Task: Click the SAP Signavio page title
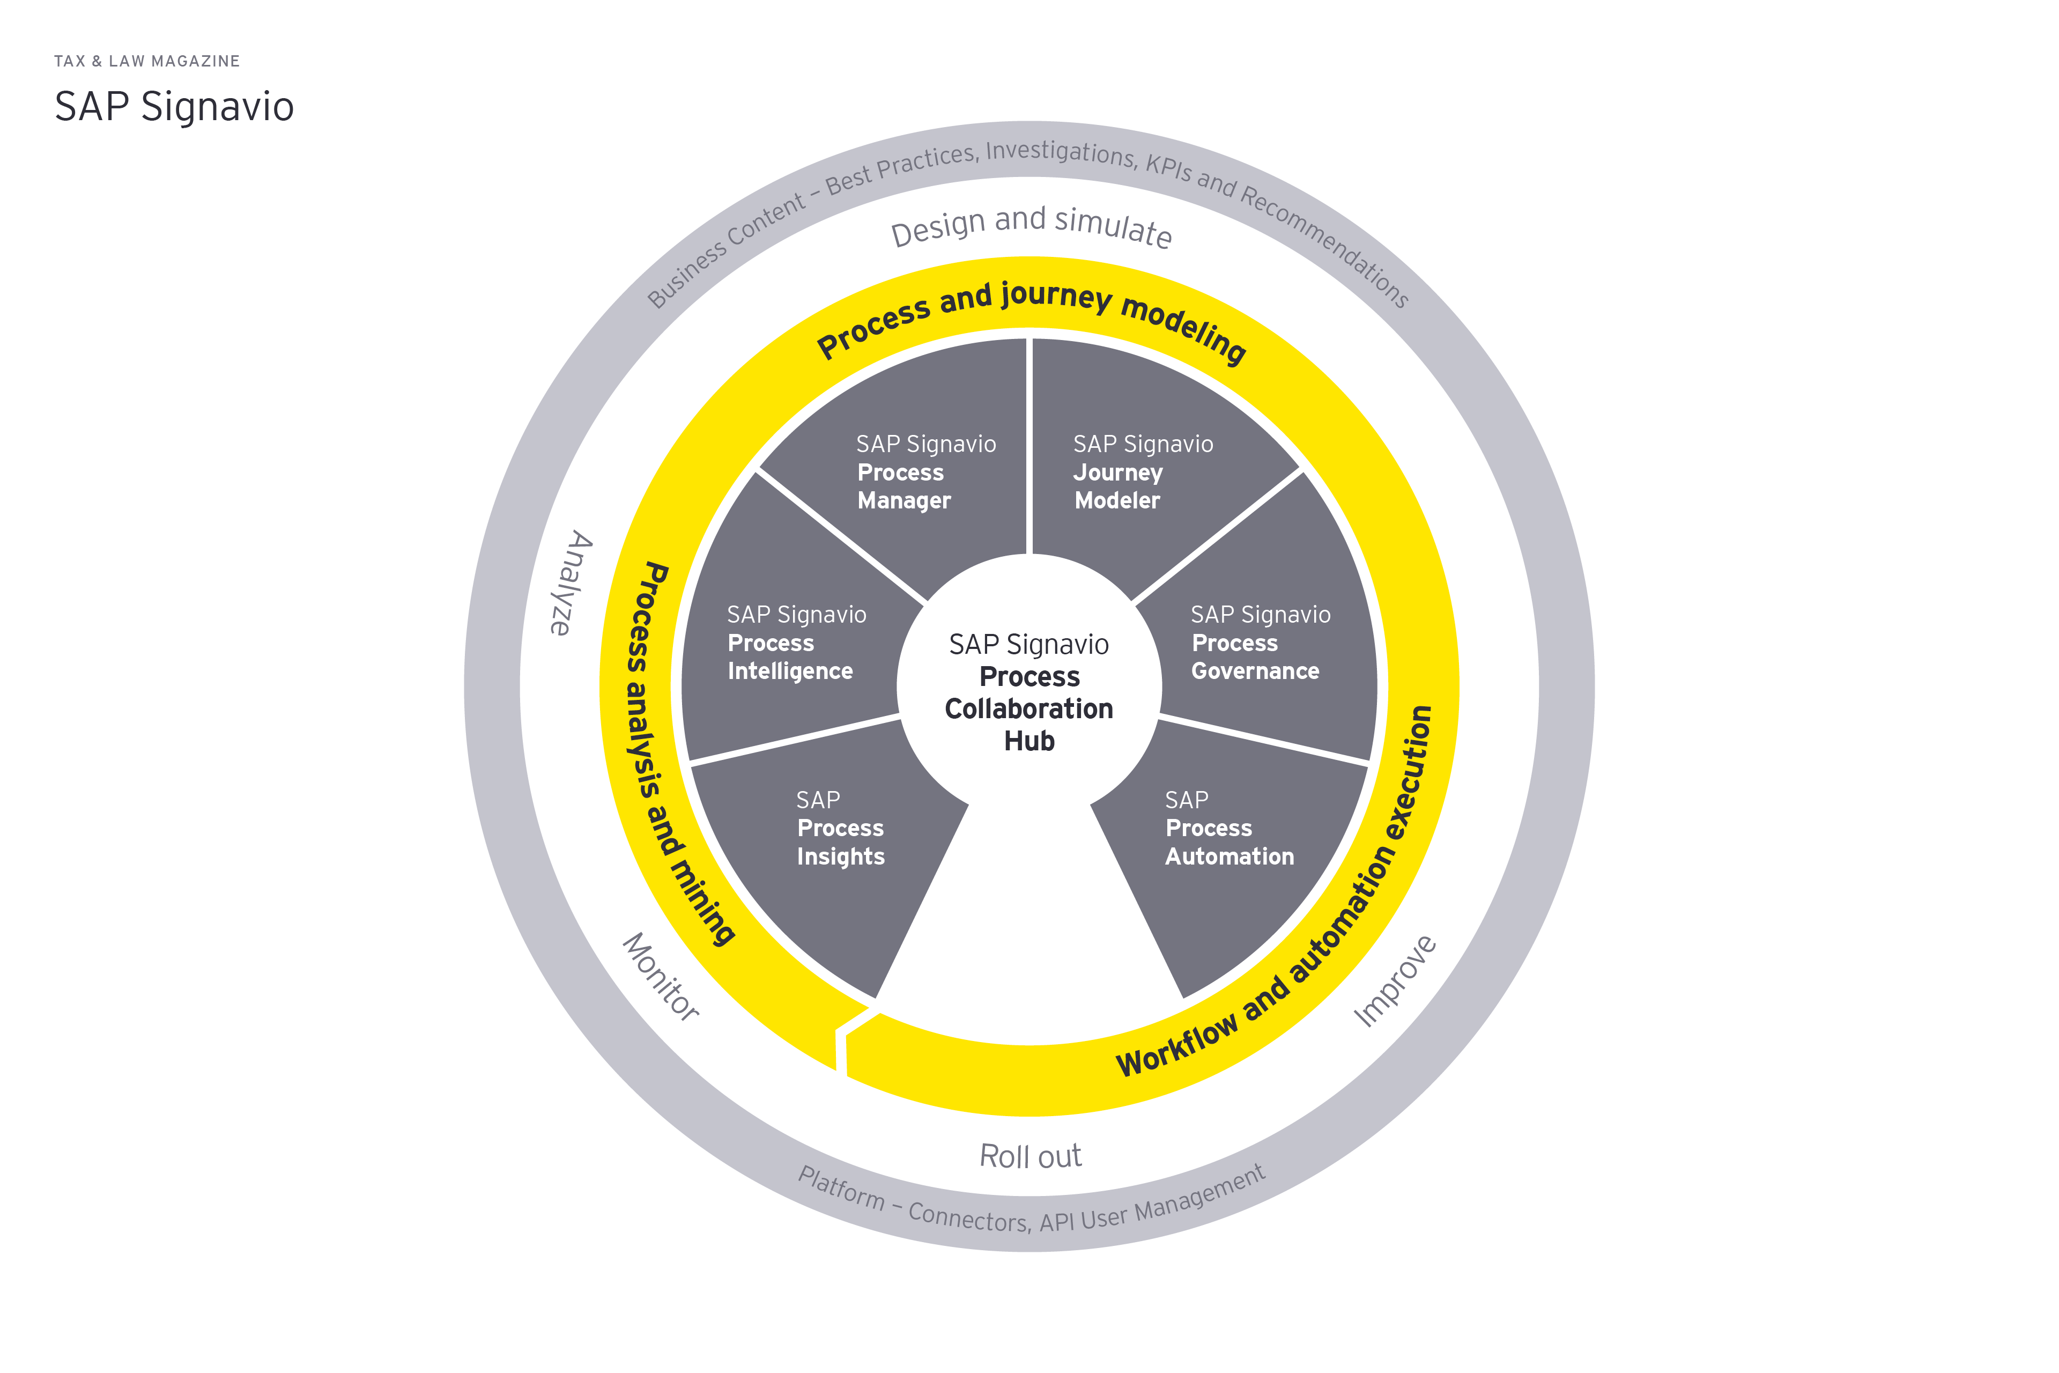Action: pos(174,107)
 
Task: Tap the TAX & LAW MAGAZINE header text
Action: pos(147,61)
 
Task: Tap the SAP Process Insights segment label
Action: pos(840,828)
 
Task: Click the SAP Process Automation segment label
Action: pos(1228,828)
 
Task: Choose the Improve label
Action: pos(1395,981)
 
